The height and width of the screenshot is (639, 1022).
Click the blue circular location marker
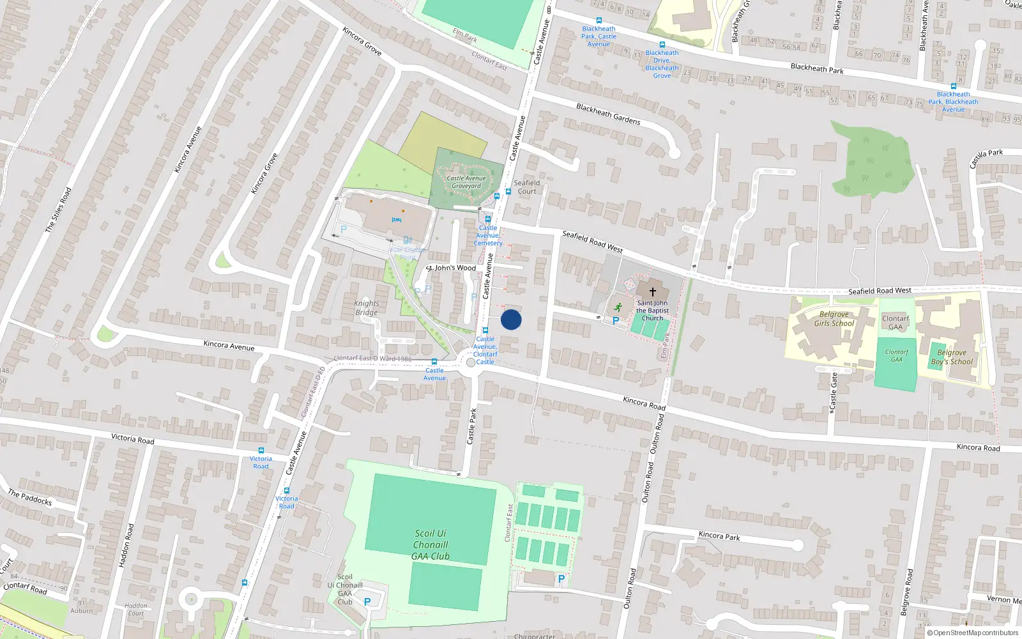click(511, 319)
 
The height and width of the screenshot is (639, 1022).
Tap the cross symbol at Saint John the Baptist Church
click(652, 291)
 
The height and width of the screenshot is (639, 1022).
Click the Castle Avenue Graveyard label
click(466, 182)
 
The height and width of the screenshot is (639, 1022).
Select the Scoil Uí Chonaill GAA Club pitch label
click(431, 544)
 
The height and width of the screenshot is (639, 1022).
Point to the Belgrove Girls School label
click(834, 319)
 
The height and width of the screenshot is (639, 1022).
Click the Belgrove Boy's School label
click(952, 357)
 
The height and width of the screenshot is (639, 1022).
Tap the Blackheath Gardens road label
click(608, 114)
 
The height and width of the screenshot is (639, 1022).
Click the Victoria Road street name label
click(133, 438)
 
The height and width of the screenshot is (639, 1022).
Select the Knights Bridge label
click(367, 308)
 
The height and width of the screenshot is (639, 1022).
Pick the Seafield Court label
click(527, 187)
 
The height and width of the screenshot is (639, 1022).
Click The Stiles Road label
click(58, 210)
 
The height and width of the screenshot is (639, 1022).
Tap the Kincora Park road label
click(719, 535)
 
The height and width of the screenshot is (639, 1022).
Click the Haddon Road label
click(126, 545)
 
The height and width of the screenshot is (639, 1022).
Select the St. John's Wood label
click(452, 268)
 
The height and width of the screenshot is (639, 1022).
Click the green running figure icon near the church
click(618, 307)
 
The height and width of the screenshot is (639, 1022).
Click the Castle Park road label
click(472, 426)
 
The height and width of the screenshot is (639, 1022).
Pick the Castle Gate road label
click(833, 392)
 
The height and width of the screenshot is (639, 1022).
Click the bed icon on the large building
click(396, 220)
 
